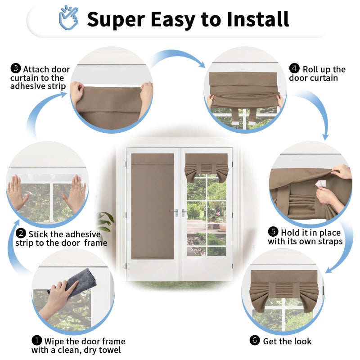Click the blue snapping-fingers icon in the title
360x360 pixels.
point(68,18)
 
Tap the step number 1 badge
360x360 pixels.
point(36,341)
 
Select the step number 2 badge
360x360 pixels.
point(21,234)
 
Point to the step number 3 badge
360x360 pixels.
point(16,68)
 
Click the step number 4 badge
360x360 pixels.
point(294,68)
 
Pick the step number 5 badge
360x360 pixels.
point(273,232)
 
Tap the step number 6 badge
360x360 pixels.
point(255,340)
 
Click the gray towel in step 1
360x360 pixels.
point(76,282)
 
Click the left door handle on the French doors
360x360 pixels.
point(175,212)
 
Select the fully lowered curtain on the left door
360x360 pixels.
point(153,206)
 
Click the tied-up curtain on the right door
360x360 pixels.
point(207,167)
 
